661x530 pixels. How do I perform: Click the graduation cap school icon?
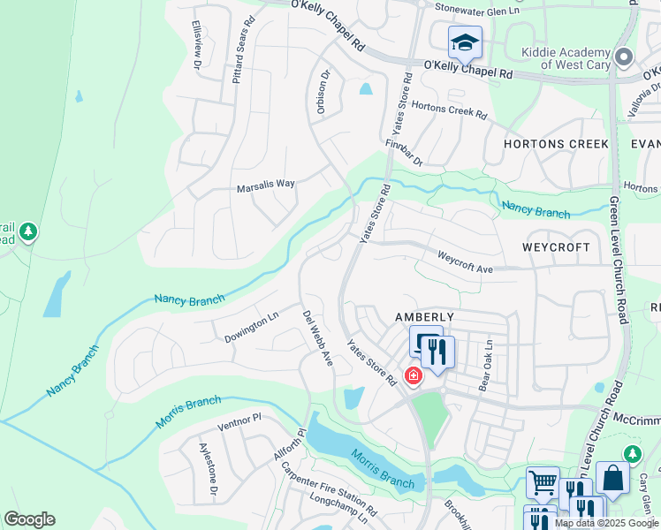464,42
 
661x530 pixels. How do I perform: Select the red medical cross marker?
413,376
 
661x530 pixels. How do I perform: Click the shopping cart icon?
543,482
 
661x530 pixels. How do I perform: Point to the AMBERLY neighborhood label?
424,317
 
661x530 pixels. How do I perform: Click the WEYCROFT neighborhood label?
556,247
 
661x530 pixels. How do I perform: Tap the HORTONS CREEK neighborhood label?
556,144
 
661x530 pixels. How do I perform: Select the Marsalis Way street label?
265,185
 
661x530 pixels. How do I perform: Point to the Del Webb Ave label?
317,337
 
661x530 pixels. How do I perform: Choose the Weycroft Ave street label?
466,261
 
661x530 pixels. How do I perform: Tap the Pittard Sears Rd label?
244,60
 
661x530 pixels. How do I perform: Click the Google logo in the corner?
29,519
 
